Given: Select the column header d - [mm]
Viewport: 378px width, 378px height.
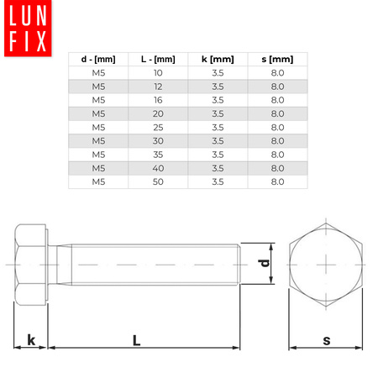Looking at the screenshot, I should pyautogui.click(x=98, y=59).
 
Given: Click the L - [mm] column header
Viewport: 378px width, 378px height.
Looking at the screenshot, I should pyautogui.click(x=158, y=59).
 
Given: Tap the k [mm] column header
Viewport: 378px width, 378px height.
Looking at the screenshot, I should pyautogui.click(x=218, y=59).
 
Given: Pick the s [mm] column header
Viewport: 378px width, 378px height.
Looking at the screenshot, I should pyautogui.click(x=277, y=59).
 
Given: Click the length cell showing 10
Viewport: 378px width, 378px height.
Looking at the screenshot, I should pyautogui.click(x=158, y=73).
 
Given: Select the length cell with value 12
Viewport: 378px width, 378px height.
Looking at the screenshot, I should pyautogui.click(x=158, y=87).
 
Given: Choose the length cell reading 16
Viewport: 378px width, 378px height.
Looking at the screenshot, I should pyautogui.click(x=158, y=100).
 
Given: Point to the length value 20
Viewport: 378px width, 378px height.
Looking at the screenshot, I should pyautogui.click(x=158, y=113).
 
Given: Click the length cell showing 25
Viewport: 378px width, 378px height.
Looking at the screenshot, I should pyautogui.click(x=158, y=127).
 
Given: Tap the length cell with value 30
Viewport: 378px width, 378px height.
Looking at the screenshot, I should pyautogui.click(x=158, y=140).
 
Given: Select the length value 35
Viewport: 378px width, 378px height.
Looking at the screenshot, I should pyautogui.click(x=158, y=154).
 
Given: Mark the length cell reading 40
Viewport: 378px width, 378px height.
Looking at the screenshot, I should pyautogui.click(x=158, y=167).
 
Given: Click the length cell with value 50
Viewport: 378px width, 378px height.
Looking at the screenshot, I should pyautogui.click(x=158, y=181).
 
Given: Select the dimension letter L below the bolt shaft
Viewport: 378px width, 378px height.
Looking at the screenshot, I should pyautogui.click(x=136, y=339).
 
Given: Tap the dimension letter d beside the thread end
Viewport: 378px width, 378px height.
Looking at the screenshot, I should pyautogui.click(x=264, y=264).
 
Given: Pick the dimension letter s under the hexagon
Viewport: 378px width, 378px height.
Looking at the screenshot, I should pyautogui.click(x=326, y=339).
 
